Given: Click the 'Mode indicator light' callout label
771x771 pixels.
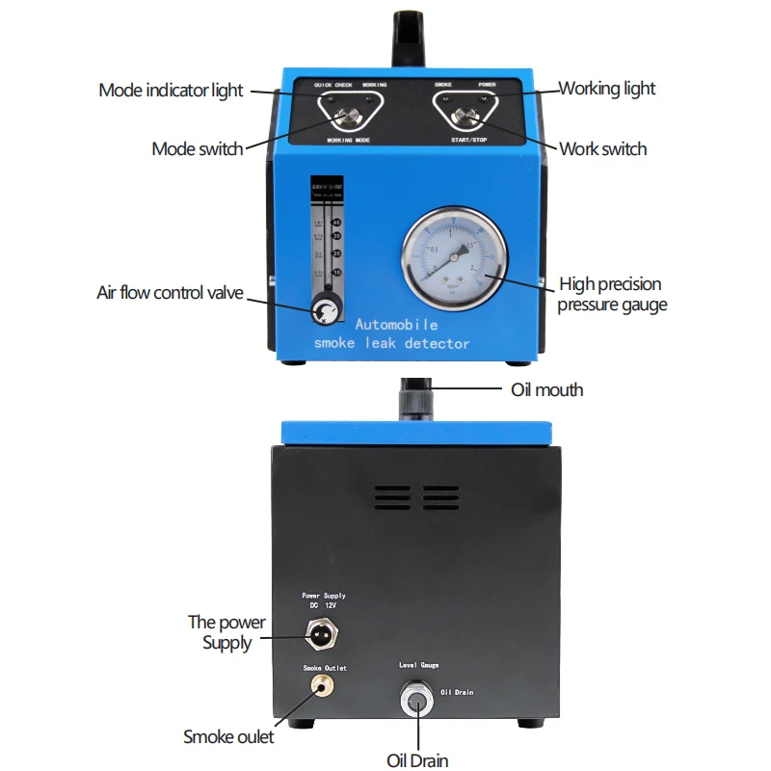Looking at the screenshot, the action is point(171,91).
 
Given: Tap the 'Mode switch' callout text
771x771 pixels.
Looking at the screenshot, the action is point(197,148).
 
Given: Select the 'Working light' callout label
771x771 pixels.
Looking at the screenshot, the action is point(607,89).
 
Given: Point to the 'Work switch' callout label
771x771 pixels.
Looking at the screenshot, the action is point(603,148).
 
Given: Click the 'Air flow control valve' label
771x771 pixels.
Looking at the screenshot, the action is point(170,293).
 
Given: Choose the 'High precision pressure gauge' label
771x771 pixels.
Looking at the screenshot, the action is point(611,295).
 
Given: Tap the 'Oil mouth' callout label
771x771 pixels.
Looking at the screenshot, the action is point(546,390).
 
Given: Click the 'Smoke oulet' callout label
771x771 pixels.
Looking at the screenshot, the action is point(228,737).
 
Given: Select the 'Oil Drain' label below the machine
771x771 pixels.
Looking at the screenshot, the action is point(417,761).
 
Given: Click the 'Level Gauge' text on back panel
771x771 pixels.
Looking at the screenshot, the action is point(419,666).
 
